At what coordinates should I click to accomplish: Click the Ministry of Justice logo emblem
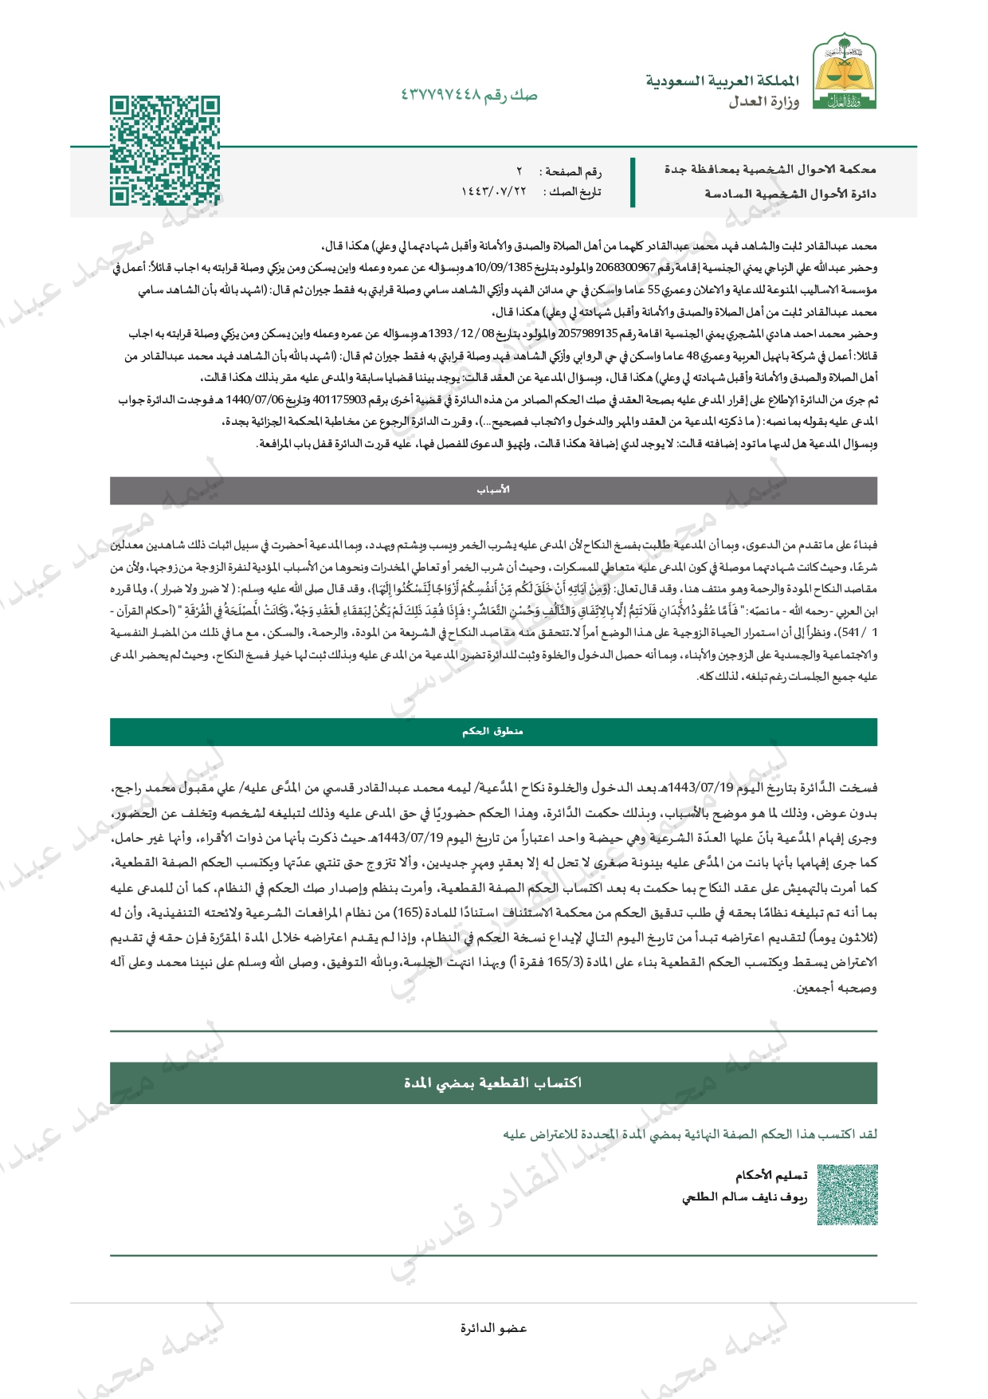844,73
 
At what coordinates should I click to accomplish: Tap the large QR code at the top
165,151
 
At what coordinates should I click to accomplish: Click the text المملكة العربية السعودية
722,81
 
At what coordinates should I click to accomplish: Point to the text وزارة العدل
763,102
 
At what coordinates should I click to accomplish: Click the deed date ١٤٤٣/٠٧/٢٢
493,192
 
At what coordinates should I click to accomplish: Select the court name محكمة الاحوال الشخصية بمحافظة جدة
770,170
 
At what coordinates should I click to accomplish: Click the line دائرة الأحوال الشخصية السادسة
790,194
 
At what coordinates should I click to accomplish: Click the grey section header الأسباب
493,490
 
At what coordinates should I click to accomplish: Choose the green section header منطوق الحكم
493,732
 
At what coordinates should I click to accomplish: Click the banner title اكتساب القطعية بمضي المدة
493,1083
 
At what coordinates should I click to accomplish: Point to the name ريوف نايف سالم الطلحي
744,1197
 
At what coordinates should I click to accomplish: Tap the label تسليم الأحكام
771,1175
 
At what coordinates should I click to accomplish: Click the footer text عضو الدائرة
493,1328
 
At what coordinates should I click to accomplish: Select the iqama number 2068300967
625,269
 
